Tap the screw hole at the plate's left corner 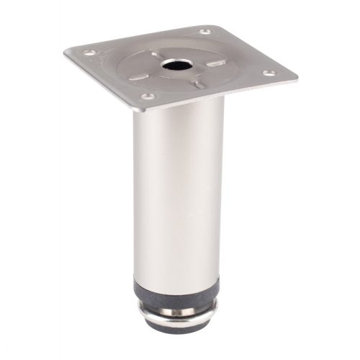89,53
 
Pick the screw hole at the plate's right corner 268,73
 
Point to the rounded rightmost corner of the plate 295,76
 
